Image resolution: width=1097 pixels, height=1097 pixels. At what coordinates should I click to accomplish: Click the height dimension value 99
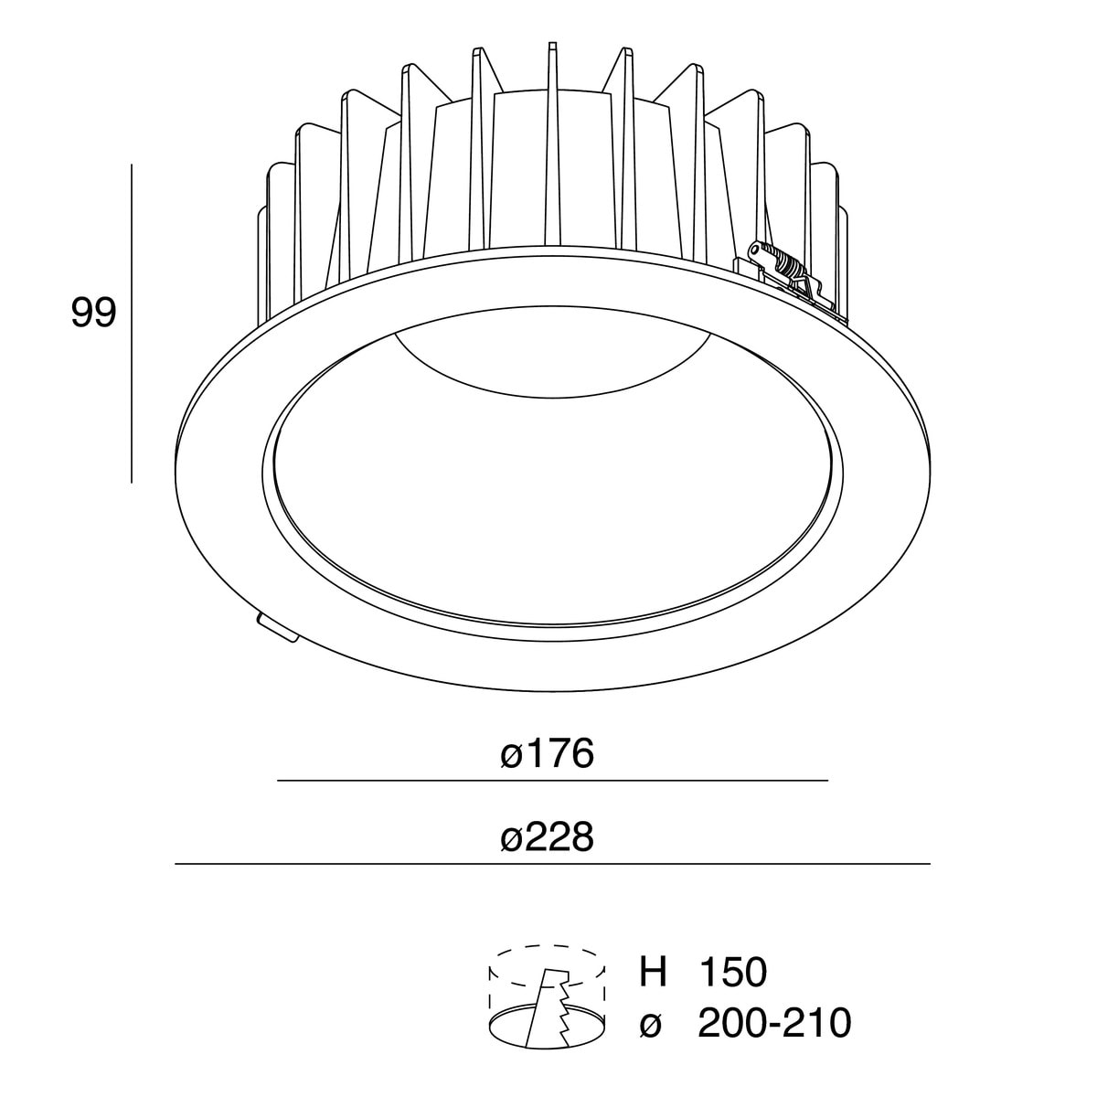(93, 314)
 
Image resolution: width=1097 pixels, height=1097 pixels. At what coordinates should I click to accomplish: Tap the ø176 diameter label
(548, 754)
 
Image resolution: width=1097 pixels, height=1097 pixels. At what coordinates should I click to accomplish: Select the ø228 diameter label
(548, 836)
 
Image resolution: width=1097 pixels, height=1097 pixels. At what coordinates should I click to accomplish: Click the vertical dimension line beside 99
(133, 323)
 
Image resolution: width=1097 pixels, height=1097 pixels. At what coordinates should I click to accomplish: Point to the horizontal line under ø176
(552, 781)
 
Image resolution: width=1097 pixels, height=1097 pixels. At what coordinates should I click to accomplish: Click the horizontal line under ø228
(552, 863)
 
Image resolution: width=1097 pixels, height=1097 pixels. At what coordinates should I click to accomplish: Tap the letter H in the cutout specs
(653, 972)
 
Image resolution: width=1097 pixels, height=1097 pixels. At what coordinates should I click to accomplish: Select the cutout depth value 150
(732, 972)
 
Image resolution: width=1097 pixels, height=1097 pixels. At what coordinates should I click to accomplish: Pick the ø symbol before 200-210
(651, 1025)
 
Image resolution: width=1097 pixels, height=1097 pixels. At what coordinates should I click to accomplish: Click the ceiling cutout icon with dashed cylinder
(549, 996)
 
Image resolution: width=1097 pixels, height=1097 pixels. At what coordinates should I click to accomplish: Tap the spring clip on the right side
(786, 270)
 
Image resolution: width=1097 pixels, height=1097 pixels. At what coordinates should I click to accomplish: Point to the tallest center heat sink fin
(551, 137)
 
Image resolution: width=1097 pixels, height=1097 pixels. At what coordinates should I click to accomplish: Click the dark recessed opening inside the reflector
(553, 366)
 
